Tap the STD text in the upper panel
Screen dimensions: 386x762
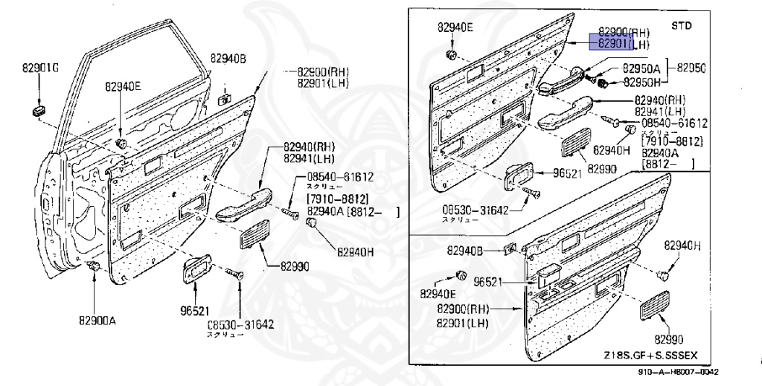(681, 25)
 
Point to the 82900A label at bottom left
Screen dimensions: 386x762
(97, 321)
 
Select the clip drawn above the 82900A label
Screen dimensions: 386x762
(94, 266)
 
